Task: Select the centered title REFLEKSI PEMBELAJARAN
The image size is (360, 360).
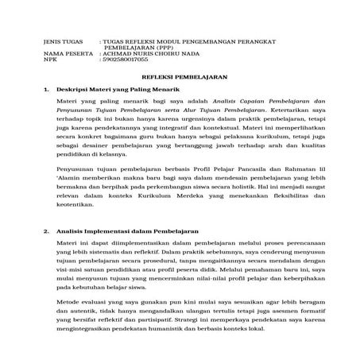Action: pyautogui.click(x=180, y=78)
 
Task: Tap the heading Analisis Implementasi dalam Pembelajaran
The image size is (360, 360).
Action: pyautogui.click(x=126, y=230)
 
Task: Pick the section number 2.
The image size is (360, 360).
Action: pyautogui.click(x=48, y=230)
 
